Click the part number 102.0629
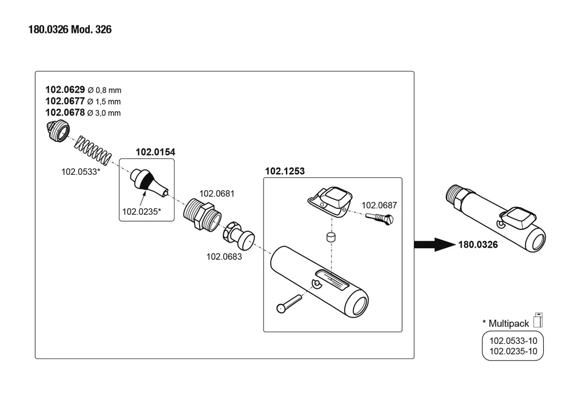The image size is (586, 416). pos(65,90)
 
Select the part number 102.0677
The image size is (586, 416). pos(65,101)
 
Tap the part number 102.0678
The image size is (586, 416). pos(65,112)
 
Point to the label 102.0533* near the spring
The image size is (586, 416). pos(81,173)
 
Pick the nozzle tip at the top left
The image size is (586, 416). pos(58,131)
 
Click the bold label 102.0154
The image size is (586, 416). pos(155,152)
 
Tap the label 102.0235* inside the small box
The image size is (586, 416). pos(141,212)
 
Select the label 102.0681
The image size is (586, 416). pos(217,193)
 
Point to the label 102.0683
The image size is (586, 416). pos(224,256)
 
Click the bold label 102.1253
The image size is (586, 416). pos(285,171)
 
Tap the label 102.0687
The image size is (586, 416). pos(379,205)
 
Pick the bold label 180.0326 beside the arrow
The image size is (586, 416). pos(478,245)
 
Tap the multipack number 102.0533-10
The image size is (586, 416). pos(509,340)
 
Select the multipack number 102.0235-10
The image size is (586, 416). pos(509,351)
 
